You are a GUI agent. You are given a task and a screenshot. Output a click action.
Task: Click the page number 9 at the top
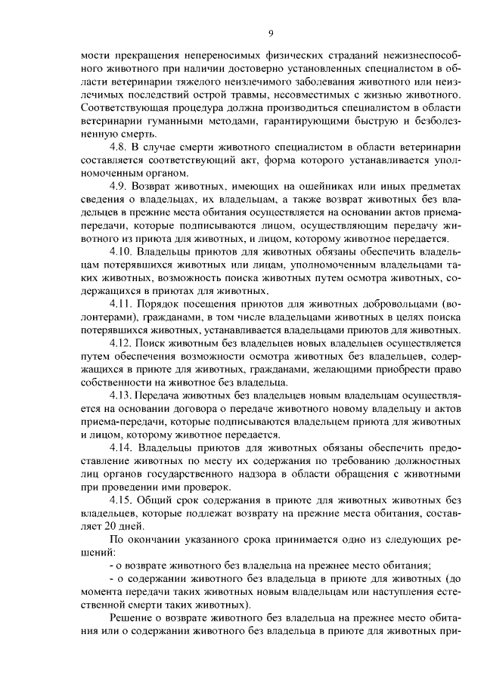tap(269, 32)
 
